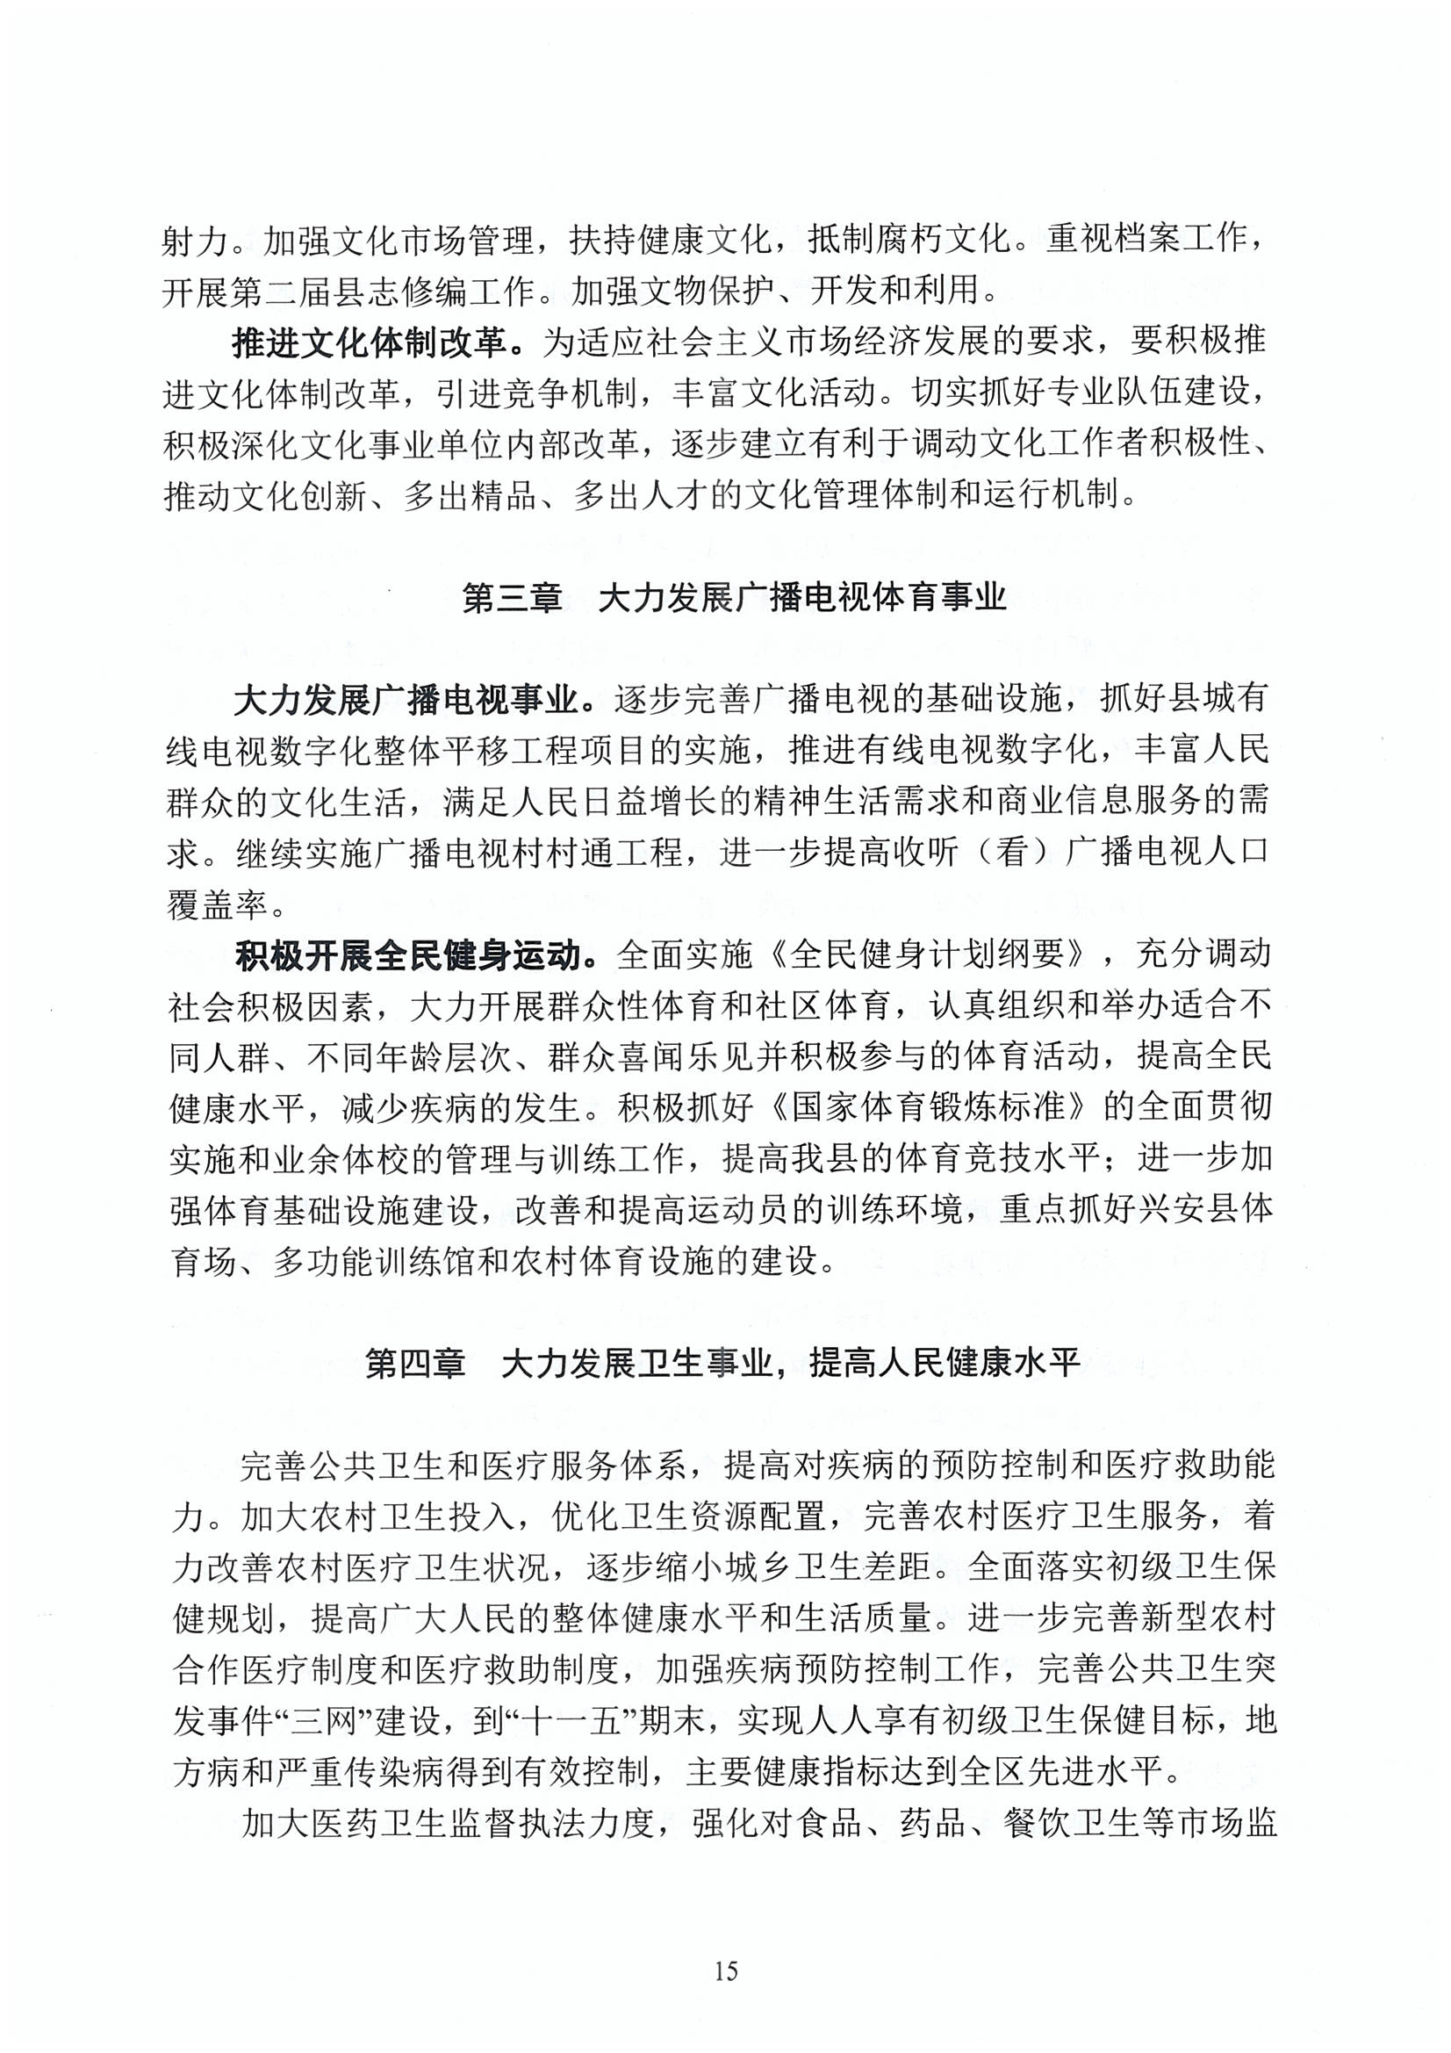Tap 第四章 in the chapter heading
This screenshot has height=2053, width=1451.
[415, 1364]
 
